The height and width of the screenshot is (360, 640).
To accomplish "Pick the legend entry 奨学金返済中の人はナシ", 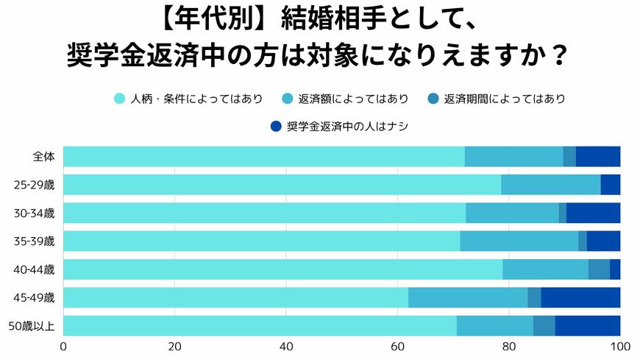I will click(346, 127).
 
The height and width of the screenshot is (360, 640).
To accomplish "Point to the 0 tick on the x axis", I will click(64, 347).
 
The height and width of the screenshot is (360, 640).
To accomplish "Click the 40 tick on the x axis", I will click(286, 347).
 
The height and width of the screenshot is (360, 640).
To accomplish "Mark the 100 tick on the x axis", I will click(619, 347).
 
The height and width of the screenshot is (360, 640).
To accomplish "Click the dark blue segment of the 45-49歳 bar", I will click(580, 297).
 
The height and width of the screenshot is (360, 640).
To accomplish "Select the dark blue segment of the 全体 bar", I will click(598, 157).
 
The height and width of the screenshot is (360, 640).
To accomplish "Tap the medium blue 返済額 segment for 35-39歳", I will click(519, 241).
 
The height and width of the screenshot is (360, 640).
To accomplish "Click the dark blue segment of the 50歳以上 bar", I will click(588, 325).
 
